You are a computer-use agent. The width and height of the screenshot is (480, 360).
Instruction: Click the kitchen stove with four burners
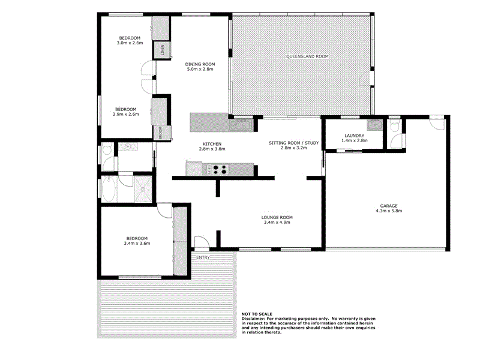(218, 170)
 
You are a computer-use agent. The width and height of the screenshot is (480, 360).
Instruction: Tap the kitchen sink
(242, 125)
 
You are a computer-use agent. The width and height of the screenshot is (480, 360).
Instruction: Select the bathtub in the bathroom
(109, 190)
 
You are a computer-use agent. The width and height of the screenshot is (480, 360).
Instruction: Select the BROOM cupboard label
(160, 133)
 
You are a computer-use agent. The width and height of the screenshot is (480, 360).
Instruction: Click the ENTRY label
(203, 257)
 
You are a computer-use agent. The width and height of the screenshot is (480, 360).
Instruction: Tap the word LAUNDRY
(354, 136)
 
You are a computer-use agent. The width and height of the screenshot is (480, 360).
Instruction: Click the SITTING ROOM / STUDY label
(293, 142)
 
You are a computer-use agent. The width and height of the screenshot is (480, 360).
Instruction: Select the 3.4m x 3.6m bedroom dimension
(136, 243)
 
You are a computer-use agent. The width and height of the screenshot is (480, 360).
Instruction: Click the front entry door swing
(202, 243)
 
